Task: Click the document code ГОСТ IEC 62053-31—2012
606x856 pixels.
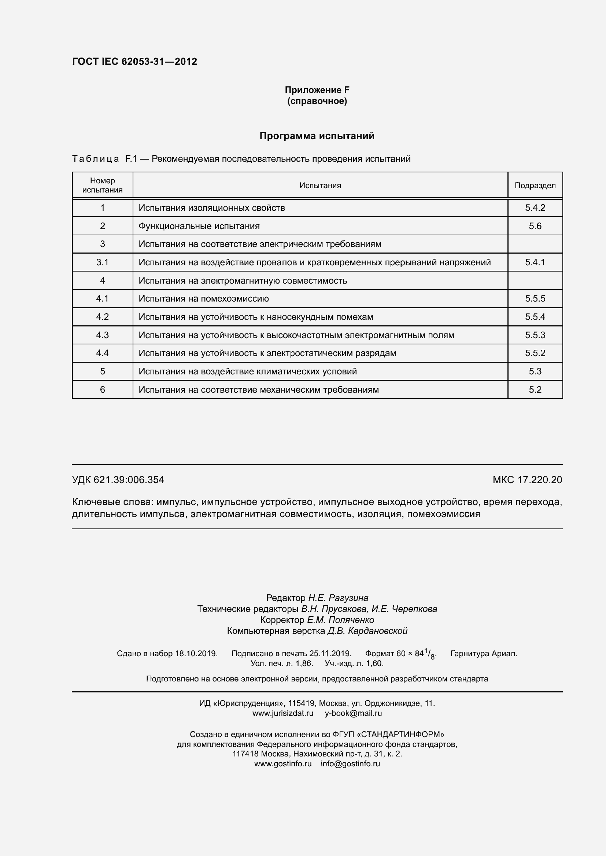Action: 134,61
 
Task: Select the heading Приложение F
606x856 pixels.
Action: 317,90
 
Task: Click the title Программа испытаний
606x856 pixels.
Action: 317,136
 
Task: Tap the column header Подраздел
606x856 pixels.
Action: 535,186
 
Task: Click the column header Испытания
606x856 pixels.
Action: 320,186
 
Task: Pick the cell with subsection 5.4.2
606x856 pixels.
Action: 535,208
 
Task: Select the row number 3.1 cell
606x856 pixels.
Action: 102,262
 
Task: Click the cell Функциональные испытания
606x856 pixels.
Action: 199,226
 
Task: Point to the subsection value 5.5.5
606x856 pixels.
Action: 535,299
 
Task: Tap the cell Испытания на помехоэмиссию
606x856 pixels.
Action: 203,299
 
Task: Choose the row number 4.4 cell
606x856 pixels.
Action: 102,353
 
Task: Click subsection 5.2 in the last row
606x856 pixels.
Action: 535,390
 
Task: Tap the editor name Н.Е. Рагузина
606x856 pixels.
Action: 338,598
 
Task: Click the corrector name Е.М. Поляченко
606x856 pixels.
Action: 340,620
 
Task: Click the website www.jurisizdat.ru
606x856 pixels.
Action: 282,713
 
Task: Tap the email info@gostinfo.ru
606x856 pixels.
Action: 350,763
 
